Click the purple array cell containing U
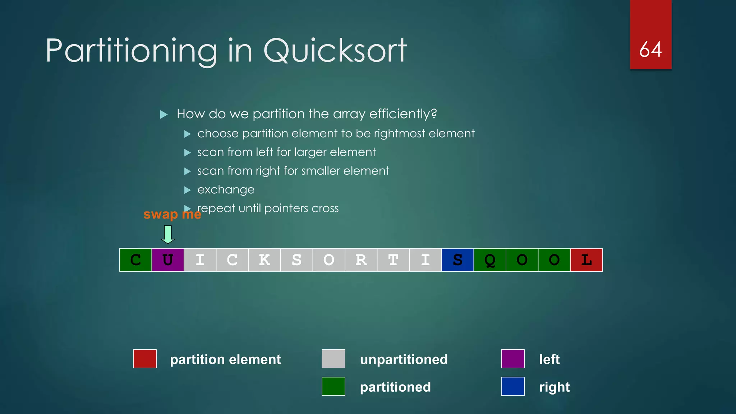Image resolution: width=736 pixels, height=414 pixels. [x=168, y=260]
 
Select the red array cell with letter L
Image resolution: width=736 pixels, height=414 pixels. [x=586, y=260]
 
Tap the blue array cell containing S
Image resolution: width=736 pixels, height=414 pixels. [x=457, y=260]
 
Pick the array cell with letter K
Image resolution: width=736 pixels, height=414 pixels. [x=264, y=260]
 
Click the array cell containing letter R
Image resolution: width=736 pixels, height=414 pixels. [x=361, y=260]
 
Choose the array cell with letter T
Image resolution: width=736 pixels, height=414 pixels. [x=393, y=260]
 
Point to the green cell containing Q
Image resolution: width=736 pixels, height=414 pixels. [x=490, y=260]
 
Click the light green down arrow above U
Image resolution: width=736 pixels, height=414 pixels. [x=168, y=234]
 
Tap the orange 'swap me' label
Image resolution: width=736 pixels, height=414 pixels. [x=172, y=215]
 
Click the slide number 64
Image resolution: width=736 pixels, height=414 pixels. [x=650, y=49]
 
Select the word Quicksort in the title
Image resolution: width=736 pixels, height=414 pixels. [x=335, y=51]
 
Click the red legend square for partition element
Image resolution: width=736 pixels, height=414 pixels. [x=145, y=359]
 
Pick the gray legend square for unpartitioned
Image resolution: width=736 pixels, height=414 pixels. [x=333, y=359]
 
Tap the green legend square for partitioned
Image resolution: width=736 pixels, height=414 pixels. [x=333, y=386]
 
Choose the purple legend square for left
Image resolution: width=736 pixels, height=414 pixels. [x=513, y=359]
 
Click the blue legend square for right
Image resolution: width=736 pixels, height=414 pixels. [x=513, y=386]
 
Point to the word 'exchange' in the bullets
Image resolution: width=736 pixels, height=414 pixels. [x=226, y=190]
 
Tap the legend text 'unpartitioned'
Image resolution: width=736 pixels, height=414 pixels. [x=404, y=359]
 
